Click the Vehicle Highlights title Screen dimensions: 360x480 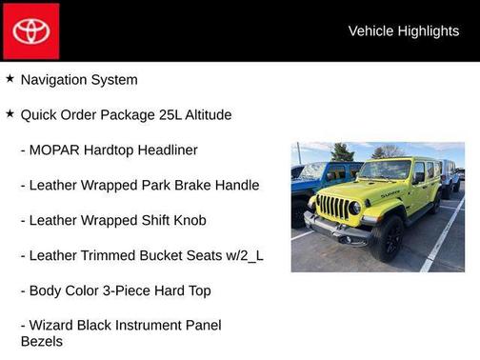[403, 30]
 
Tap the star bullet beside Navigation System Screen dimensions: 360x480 [10, 79]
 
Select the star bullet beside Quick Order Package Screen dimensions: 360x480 [10, 114]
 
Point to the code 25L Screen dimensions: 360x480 [173, 115]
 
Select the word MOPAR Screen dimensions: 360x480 [55, 150]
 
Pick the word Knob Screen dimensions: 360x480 [187, 221]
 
